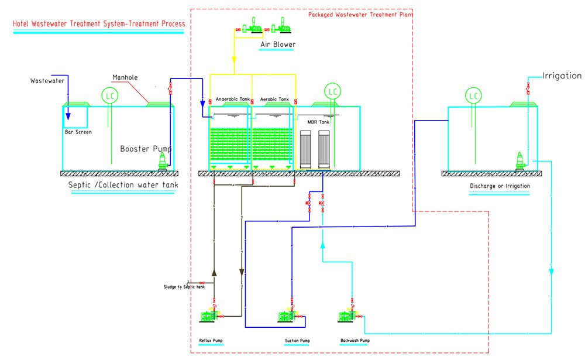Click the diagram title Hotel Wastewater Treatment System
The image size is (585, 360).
tap(99, 24)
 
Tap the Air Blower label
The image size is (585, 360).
tap(278, 44)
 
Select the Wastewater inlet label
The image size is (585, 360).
tap(47, 81)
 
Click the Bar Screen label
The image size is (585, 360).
tap(78, 132)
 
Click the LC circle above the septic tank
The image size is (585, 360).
tap(109, 95)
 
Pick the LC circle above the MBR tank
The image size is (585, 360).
tap(333, 92)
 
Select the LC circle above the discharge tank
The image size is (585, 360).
tap(473, 95)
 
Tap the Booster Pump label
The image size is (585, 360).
tap(145, 149)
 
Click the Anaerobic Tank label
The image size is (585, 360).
tap(229, 100)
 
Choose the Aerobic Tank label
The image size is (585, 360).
tap(274, 100)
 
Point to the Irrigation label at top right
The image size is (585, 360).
tap(562, 76)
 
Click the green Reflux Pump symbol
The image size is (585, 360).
tap(209, 316)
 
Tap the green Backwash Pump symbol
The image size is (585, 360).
tap(347, 316)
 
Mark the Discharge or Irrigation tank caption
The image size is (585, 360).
tap(500, 186)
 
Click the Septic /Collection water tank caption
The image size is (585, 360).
tap(123, 186)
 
